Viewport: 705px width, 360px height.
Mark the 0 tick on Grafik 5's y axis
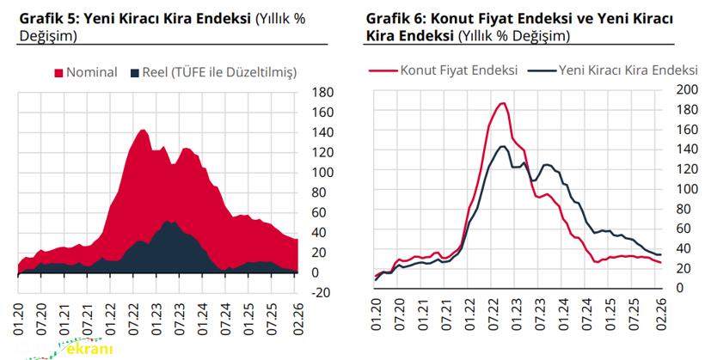click(316, 272)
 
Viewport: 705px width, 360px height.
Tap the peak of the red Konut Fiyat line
click(502, 103)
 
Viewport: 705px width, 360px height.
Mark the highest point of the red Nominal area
click(142, 130)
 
